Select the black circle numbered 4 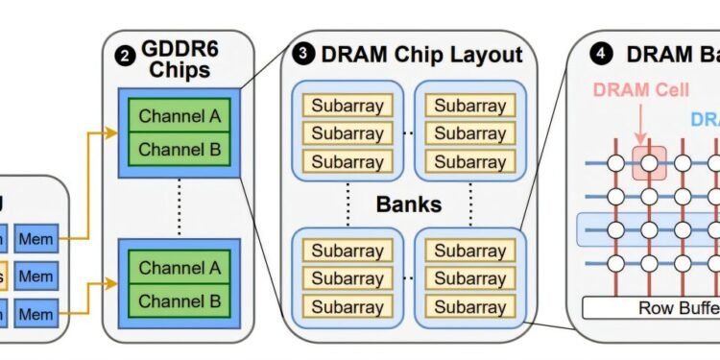[x=603, y=56]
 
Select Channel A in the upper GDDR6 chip [x=180, y=117]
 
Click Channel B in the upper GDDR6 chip [x=180, y=149]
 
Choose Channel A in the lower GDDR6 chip [x=180, y=268]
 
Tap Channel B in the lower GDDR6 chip [x=180, y=300]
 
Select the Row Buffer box [x=653, y=308]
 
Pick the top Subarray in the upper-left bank [x=347, y=103]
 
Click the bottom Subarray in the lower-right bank [x=469, y=308]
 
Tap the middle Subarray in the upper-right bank [x=469, y=132]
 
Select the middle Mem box [x=36, y=276]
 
